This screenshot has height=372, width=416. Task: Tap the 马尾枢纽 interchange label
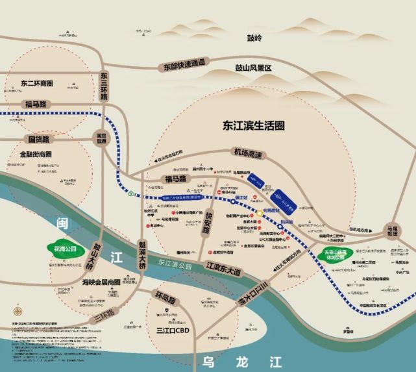point(391,232)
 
